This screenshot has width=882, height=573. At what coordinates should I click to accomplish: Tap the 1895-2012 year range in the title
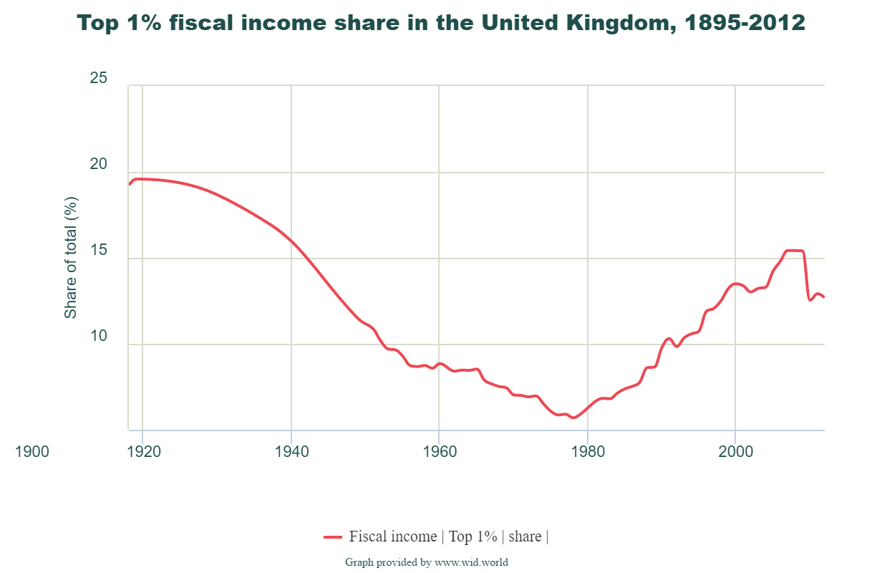(745, 23)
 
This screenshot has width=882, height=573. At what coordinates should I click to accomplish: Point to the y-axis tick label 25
(99, 78)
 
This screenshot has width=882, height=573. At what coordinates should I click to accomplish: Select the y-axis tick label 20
(99, 165)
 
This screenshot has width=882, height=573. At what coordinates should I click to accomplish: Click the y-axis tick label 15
(99, 251)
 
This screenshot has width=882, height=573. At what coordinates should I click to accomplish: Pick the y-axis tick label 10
(99, 337)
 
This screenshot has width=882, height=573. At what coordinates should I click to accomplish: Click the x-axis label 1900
(32, 452)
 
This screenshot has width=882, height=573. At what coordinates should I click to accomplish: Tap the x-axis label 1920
(142, 452)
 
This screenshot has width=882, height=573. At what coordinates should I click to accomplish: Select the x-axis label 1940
(291, 452)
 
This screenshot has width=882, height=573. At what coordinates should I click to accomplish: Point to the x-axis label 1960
(439, 452)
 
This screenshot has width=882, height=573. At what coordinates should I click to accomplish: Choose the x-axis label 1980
(587, 452)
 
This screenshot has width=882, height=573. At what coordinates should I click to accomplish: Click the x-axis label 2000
(735, 452)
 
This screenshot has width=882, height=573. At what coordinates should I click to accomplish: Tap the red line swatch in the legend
(333, 536)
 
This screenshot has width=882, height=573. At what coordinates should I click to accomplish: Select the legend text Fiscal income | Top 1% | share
(448, 536)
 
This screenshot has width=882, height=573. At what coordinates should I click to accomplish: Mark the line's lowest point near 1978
(573, 418)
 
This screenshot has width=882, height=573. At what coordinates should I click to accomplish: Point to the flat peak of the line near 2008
(795, 251)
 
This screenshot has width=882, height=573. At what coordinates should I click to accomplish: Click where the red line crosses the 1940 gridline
(291, 240)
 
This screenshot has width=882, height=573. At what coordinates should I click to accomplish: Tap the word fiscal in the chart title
(223, 23)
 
